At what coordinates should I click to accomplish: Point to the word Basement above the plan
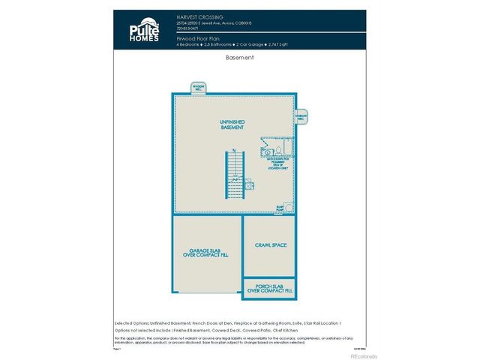240,57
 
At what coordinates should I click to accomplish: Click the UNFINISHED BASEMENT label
232,125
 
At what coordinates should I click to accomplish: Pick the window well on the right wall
301,118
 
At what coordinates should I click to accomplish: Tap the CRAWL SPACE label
270,245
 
